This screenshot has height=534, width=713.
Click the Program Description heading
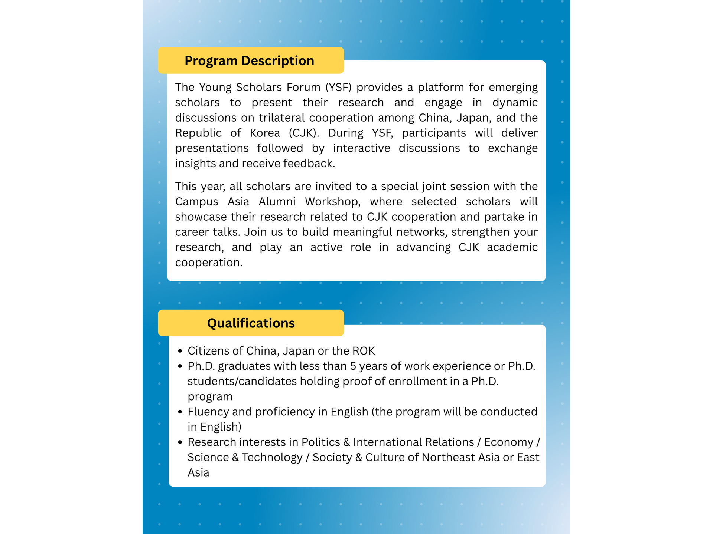click(x=249, y=61)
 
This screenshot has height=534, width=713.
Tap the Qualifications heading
click(x=251, y=323)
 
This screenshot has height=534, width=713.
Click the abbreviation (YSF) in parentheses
click(x=338, y=88)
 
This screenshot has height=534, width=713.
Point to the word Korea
click(x=265, y=133)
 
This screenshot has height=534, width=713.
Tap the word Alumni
click(x=277, y=202)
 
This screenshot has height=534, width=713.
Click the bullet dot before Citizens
click(x=180, y=351)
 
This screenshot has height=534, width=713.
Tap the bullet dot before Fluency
click(x=180, y=412)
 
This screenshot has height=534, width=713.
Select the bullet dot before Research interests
click(x=180, y=442)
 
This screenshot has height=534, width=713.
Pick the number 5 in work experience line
click(x=353, y=366)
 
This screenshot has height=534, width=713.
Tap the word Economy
click(x=508, y=442)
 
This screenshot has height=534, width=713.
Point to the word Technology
click(x=272, y=458)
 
